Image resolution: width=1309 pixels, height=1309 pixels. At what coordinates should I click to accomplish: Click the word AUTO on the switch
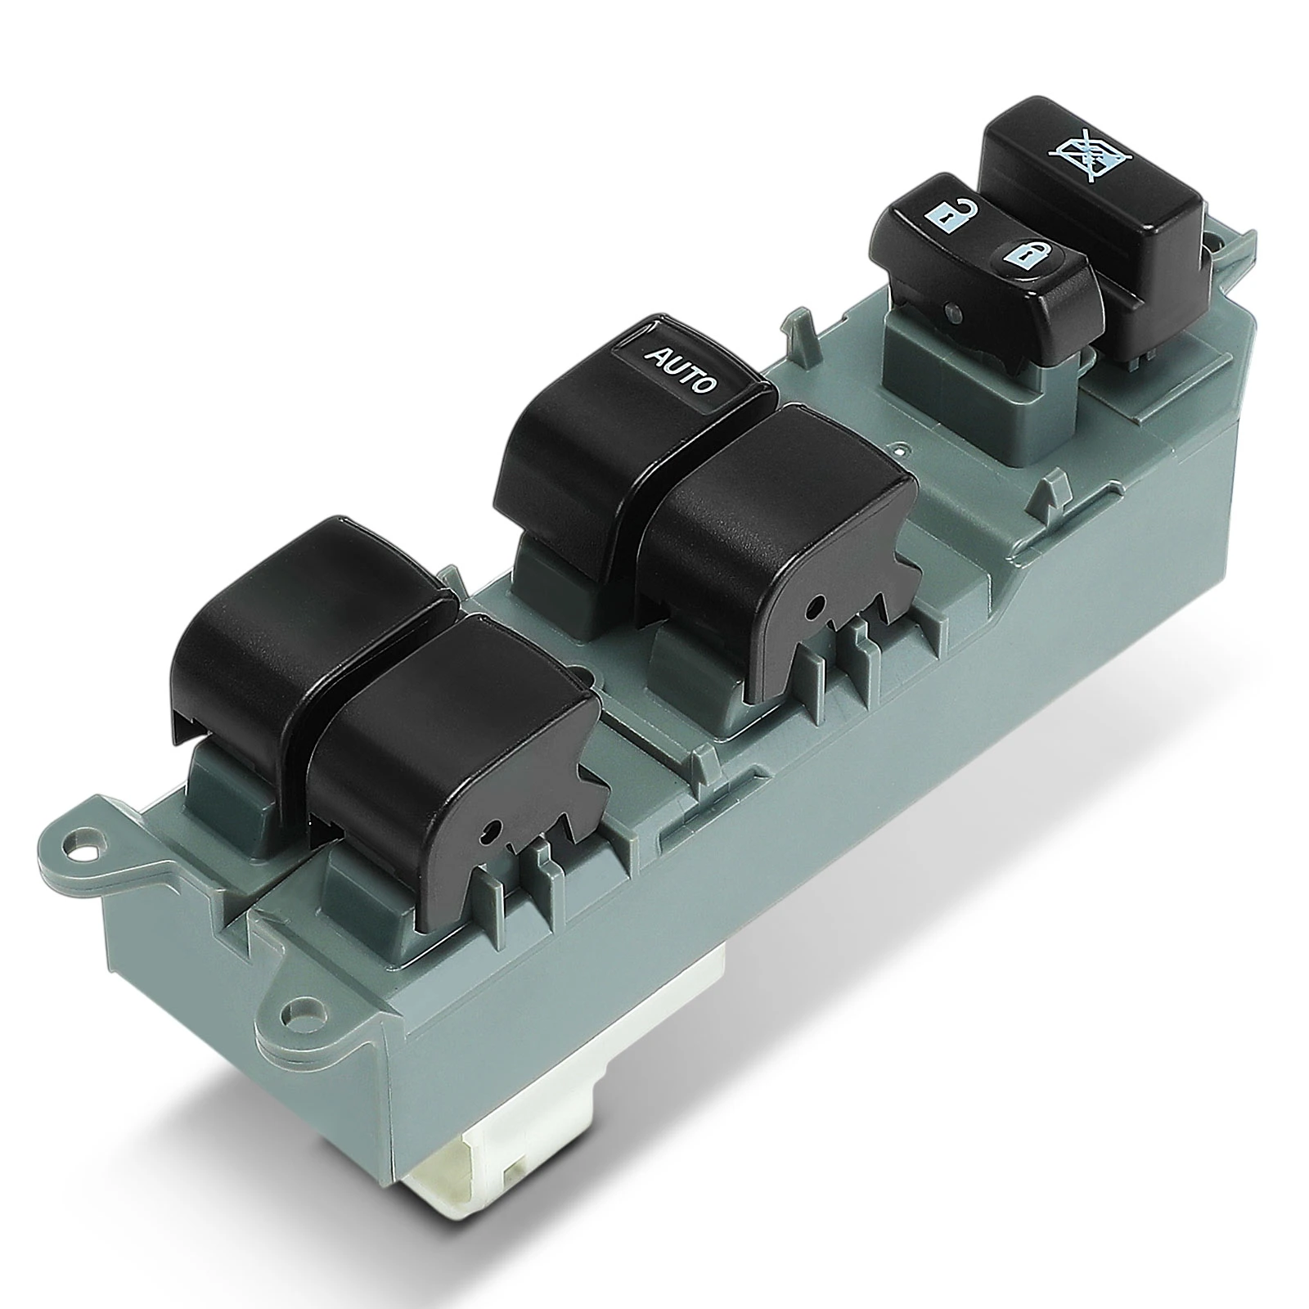coord(681,369)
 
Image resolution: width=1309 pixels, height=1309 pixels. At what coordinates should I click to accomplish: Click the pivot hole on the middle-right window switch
coord(812,606)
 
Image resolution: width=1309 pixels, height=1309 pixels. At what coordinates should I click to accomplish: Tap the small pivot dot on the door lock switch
coord(951,310)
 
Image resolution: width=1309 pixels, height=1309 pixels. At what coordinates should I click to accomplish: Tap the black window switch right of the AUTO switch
coord(777,524)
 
